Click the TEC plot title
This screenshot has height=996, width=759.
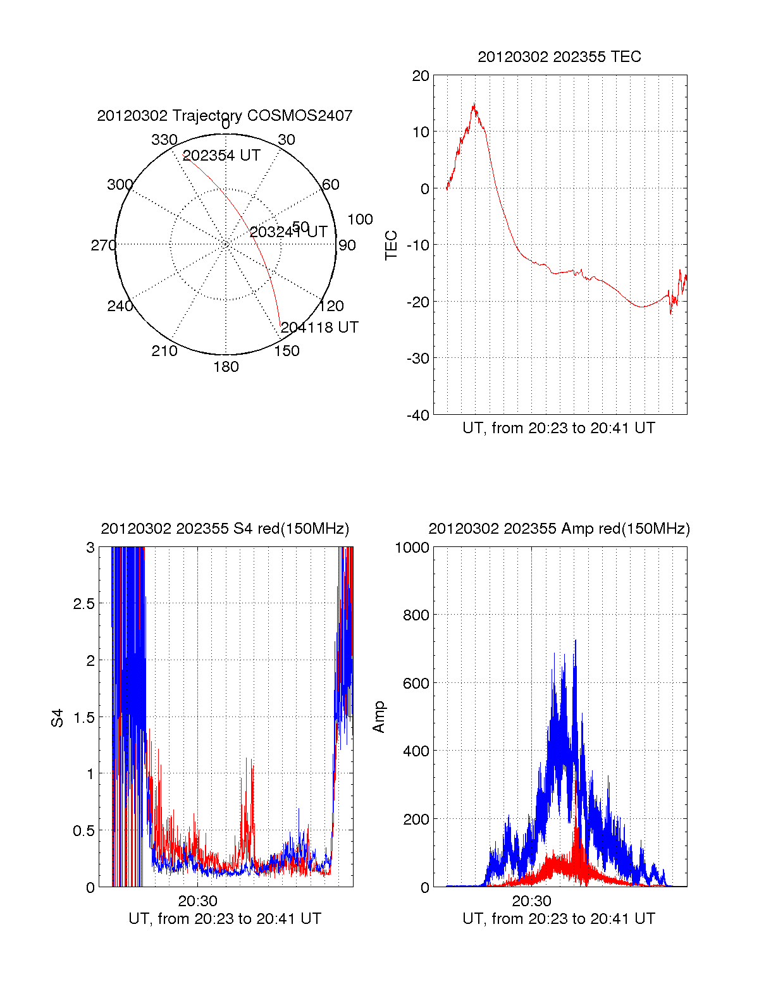[559, 57]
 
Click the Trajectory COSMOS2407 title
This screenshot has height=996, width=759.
[225, 116]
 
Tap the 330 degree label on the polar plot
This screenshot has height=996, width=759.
[164, 140]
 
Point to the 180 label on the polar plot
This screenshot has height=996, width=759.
[226, 367]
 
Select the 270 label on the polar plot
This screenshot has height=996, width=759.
[103, 245]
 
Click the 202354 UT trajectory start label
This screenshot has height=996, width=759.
[221, 156]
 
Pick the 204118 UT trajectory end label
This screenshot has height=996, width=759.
[319, 328]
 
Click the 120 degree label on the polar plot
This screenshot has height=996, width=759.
[331, 306]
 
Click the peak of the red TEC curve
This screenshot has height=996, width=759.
[473, 105]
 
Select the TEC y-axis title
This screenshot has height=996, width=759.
[392, 245]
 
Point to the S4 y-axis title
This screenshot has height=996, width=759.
[58, 718]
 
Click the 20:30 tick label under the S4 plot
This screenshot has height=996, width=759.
[197, 901]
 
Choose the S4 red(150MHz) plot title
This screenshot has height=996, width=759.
[225, 529]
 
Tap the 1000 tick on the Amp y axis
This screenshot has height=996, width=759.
[412, 548]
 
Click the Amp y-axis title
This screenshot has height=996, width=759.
[378, 717]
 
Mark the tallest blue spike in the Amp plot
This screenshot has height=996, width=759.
[576, 641]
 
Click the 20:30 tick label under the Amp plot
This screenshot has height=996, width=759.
[531, 901]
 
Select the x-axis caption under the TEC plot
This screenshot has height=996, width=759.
[558, 428]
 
